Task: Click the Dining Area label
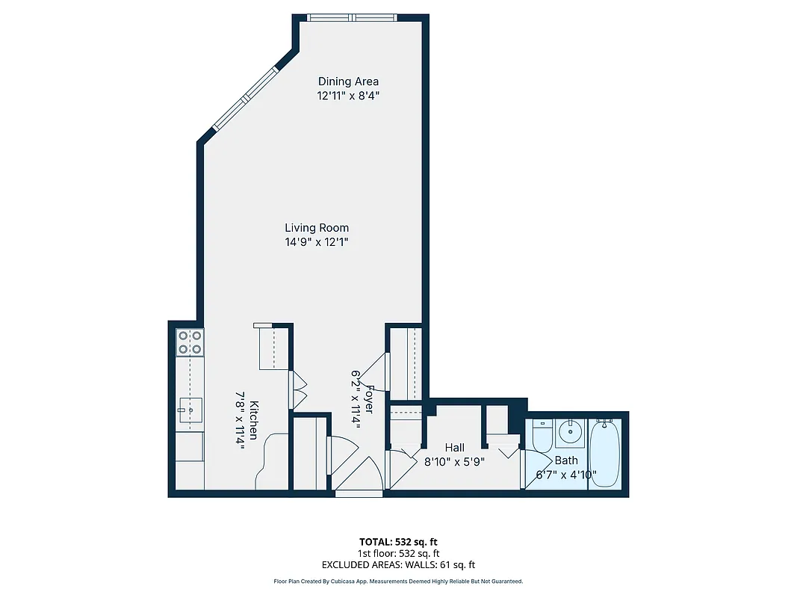click(x=348, y=81)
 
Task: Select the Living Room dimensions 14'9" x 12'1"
click(x=317, y=242)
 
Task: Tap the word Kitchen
click(x=254, y=420)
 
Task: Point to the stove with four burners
click(x=189, y=342)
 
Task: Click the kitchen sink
click(x=190, y=410)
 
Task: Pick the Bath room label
click(x=566, y=460)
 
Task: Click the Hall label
click(x=454, y=448)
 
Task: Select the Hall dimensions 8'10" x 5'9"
click(x=454, y=462)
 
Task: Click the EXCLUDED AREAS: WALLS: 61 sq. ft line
click(x=398, y=565)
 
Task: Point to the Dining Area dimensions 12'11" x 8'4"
click(x=348, y=96)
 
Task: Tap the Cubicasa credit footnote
click(x=398, y=581)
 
